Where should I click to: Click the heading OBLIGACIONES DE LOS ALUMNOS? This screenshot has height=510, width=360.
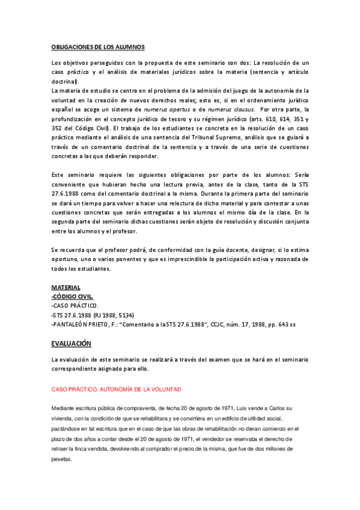(x=97, y=46)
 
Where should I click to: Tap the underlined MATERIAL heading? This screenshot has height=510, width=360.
(x=66, y=287)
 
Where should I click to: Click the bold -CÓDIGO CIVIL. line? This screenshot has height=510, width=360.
(x=72, y=296)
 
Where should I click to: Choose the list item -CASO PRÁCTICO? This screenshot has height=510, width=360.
(x=76, y=306)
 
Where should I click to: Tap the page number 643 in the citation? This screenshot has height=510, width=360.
(x=282, y=325)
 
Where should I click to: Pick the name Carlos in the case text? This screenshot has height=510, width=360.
(x=264, y=392)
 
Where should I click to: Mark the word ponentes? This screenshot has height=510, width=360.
(x=123, y=259)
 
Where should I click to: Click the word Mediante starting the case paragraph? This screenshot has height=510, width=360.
(x=64, y=392)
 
